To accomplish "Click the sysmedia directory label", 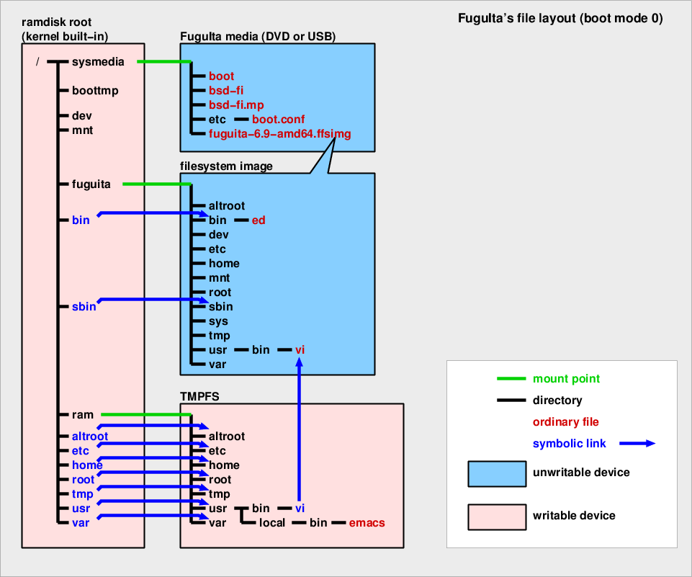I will click(x=98, y=62).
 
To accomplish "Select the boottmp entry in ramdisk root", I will click(x=95, y=91).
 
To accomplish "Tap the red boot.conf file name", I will click(x=279, y=120).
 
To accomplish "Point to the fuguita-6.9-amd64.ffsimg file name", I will click(x=279, y=134).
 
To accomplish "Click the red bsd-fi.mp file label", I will click(x=236, y=105).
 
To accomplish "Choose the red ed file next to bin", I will click(x=259, y=220).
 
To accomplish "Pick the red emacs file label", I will click(x=367, y=523).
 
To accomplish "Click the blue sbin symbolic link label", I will click(x=84, y=307).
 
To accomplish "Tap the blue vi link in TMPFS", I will click(x=300, y=509).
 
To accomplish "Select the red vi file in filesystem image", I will click(x=300, y=350).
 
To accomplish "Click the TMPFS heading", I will click(x=199, y=395).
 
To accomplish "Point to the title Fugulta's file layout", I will click(x=560, y=19).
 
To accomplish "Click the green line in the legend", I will click(x=511, y=379).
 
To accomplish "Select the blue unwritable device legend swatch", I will click(x=497, y=473).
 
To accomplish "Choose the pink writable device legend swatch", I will click(x=497, y=516).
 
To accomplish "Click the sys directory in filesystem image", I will click(x=218, y=321).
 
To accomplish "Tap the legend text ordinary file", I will click(x=565, y=422).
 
